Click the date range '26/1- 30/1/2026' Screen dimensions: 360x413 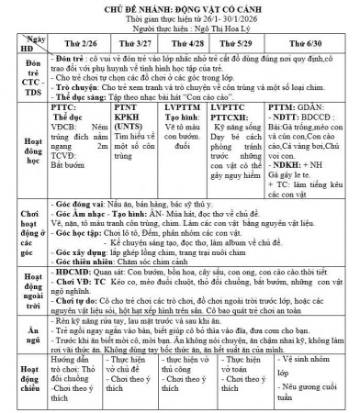[220, 20]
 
